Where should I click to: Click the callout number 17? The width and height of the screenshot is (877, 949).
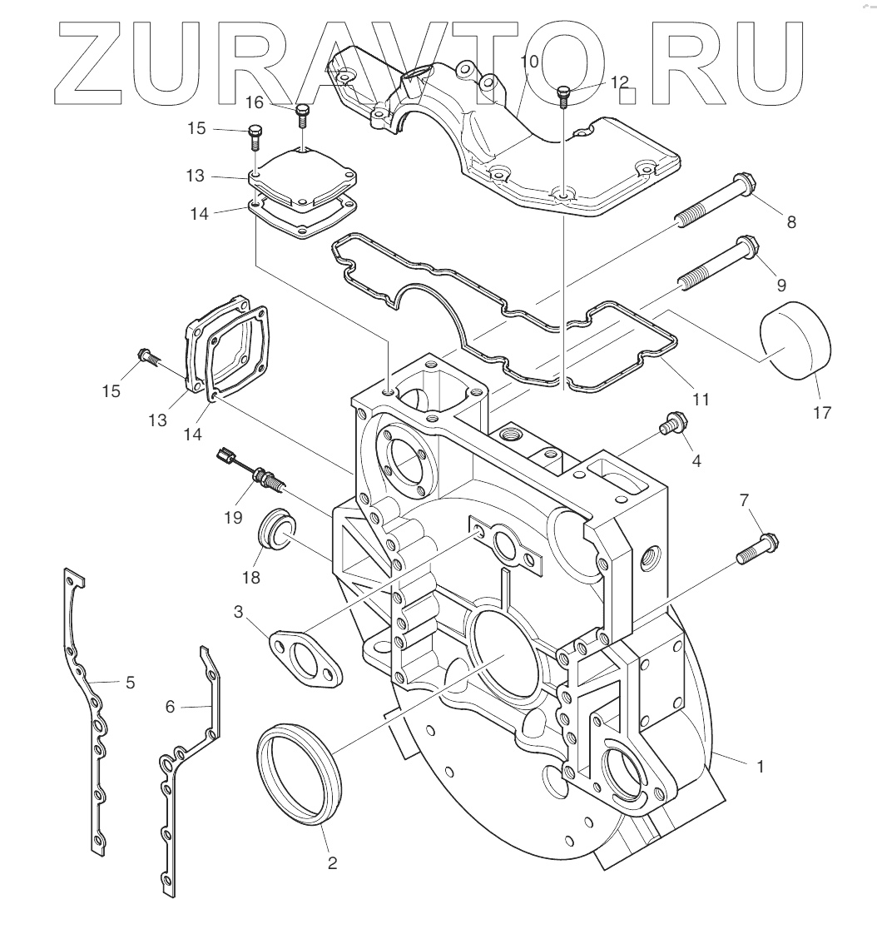[821, 412]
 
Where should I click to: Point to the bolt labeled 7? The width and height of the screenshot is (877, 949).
[757, 550]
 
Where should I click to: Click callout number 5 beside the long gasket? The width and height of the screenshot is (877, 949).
[130, 683]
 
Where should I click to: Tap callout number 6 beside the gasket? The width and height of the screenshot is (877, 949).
[171, 706]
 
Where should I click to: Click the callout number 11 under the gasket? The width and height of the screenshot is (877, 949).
[701, 400]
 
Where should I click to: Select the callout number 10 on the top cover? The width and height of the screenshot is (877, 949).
[529, 62]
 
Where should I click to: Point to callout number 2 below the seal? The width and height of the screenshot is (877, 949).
[332, 863]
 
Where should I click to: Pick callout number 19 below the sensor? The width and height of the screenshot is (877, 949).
[232, 518]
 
